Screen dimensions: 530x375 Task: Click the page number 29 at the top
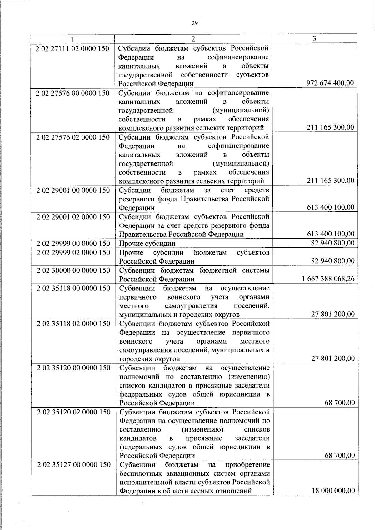pos(194,23)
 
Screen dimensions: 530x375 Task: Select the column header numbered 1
pos(72,39)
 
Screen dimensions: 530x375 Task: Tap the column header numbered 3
pos(314,38)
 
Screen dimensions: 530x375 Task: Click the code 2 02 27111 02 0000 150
pos(72,48)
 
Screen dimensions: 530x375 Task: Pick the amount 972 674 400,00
pos(330,83)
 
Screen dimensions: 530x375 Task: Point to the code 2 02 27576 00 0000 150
pos(72,93)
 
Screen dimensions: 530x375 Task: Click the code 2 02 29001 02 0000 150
pos(73,217)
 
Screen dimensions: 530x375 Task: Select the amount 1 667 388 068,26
pos(328,279)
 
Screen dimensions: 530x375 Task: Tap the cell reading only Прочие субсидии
pos(147,243)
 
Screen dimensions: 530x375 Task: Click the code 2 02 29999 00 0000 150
pos(73,243)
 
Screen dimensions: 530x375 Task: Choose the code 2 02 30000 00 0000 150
pos(73,270)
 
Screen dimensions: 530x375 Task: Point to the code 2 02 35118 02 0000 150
pos(73,324)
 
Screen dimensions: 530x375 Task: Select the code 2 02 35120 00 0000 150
pos(73,368)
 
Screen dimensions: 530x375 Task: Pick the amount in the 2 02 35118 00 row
pos(333,314)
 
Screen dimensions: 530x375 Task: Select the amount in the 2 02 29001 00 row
pos(331,207)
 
